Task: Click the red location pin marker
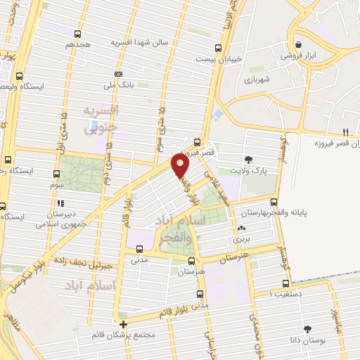click(181, 167)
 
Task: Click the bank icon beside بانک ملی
click(119, 74)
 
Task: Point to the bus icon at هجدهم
click(77, 33)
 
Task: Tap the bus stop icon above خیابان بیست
click(218, 48)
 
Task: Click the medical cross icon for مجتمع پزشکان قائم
click(124, 324)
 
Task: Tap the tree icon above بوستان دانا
click(307, 328)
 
